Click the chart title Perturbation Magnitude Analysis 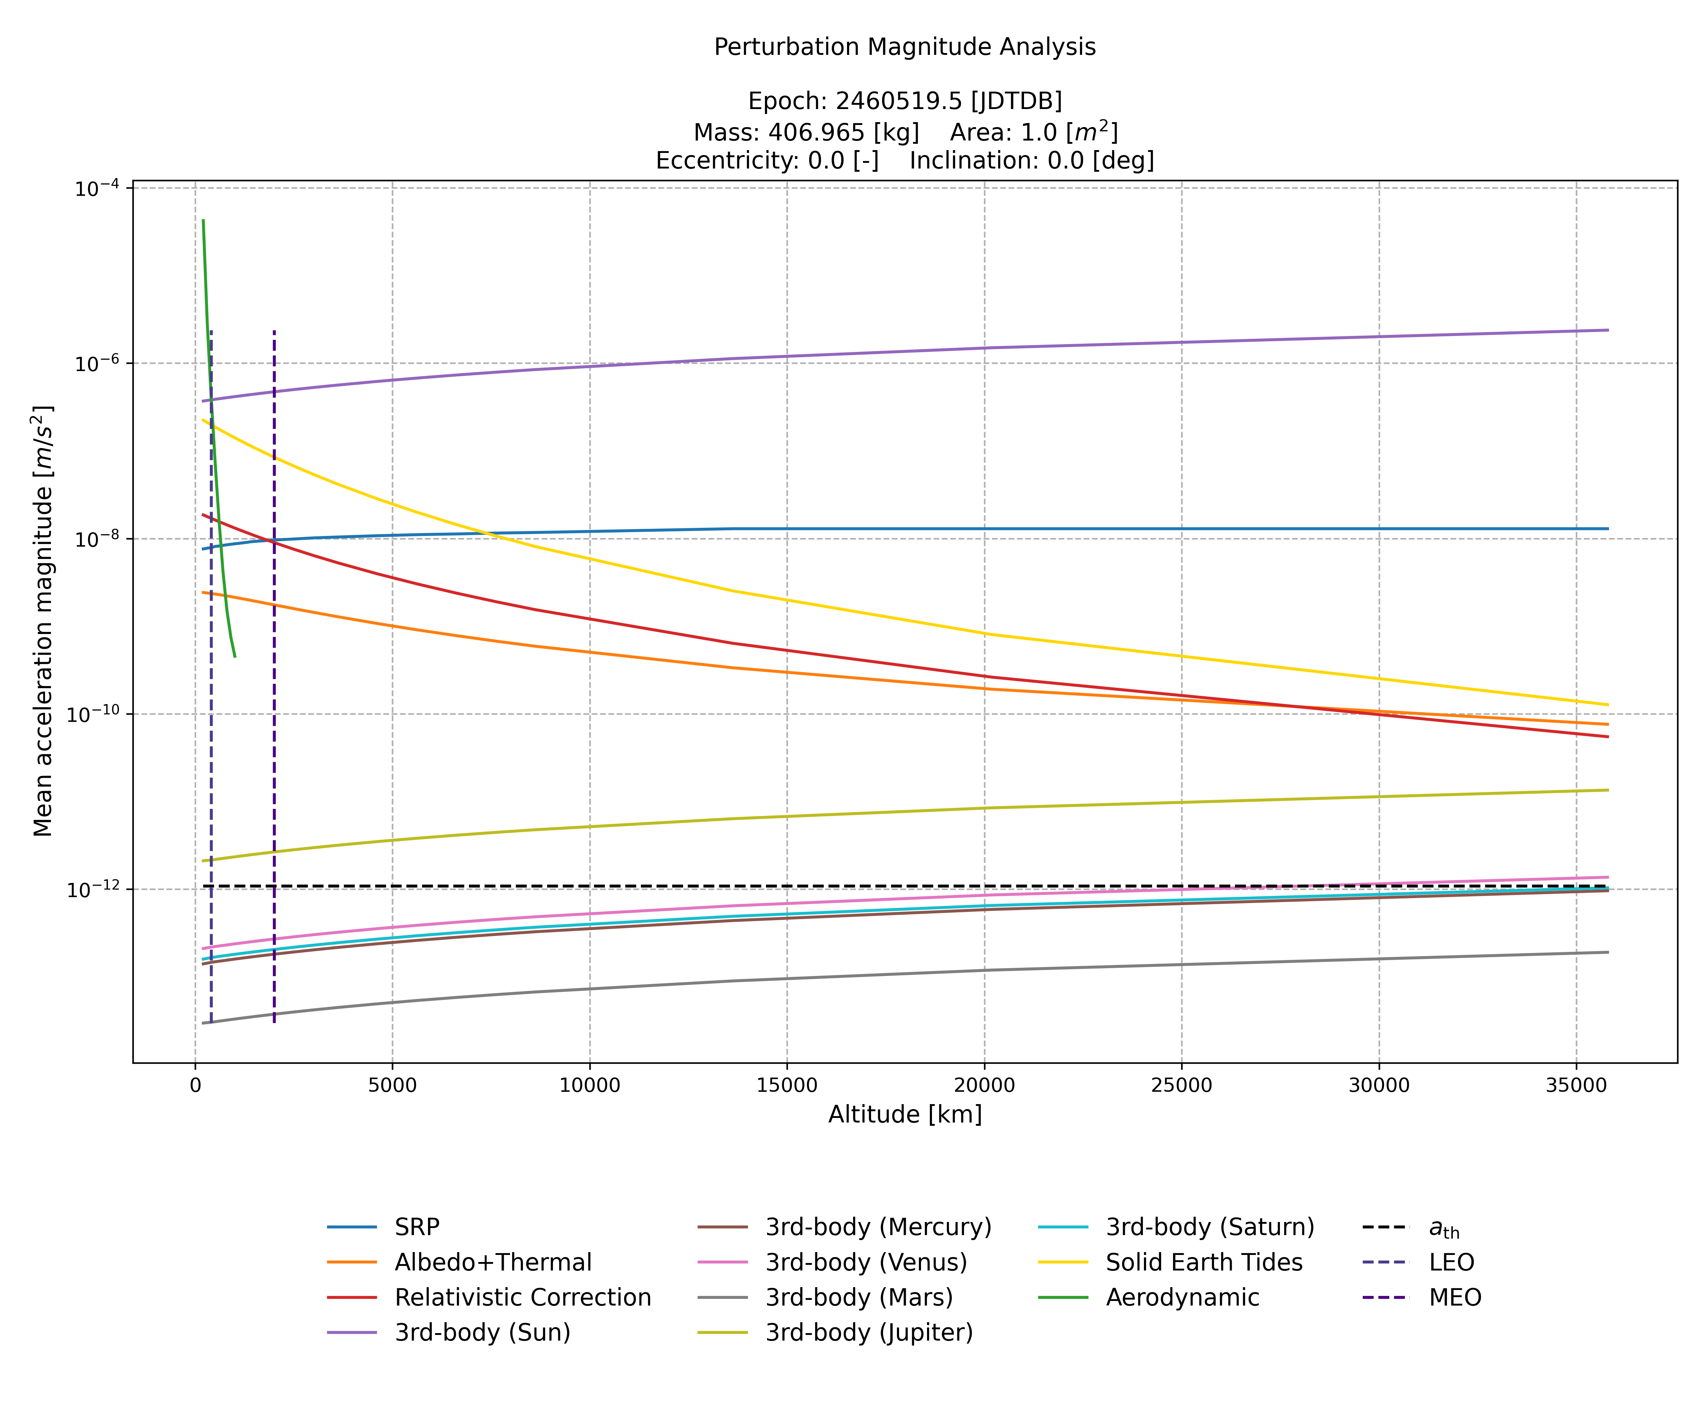[x=904, y=47]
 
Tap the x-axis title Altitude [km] [x=904, y=1115]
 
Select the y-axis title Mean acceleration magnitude [x=43, y=621]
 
